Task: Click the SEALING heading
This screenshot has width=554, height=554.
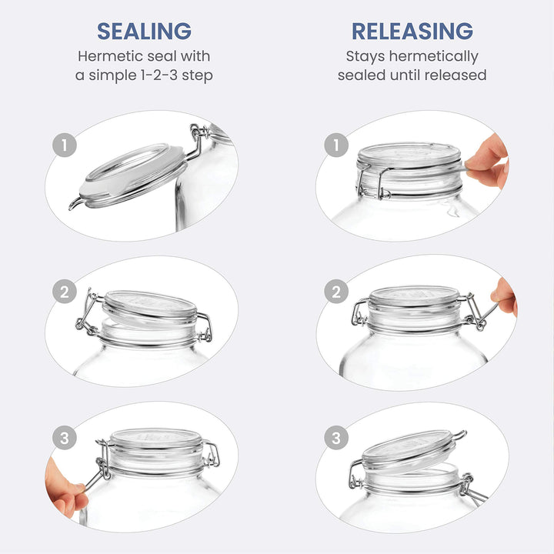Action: pyautogui.click(x=144, y=31)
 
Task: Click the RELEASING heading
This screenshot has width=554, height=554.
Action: pyautogui.click(x=412, y=31)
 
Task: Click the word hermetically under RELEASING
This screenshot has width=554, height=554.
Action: pyautogui.click(x=434, y=57)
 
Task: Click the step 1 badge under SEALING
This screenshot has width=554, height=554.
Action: pyautogui.click(x=65, y=145)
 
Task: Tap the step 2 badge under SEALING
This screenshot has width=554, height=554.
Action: pyautogui.click(x=65, y=292)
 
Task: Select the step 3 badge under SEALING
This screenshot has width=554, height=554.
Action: pyautogui.click(x=65, y=438)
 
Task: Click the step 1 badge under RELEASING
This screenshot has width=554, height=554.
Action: pyautogui.click(x=336, y=145)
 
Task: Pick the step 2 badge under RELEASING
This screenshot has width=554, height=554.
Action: pyautogui.click(x=336, y=292)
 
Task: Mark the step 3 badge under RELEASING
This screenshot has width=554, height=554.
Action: pyautogui.click(x=336, y=438)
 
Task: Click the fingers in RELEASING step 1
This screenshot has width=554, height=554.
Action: pyautogui.click(x=489, y=162)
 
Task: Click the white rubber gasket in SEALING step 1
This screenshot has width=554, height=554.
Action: pyautogui.click(x=131, y=173)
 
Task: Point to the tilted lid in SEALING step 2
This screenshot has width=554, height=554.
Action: pyautogui.click(x=150, y=307)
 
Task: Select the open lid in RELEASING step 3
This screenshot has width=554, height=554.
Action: pyautogui.click(x=410, y=449)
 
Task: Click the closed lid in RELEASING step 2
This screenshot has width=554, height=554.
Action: pyautogui.click(x=414, y=296)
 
